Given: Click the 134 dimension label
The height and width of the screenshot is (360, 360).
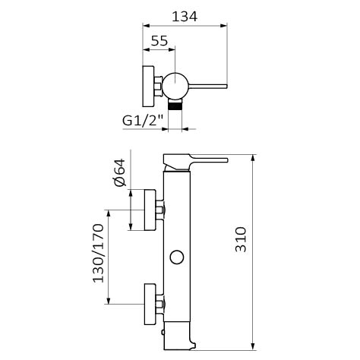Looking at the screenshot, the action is tap(185, 17).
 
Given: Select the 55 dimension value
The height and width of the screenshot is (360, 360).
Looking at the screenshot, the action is tap(159, 41).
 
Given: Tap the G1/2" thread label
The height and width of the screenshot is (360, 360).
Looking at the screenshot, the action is tap(143, 121).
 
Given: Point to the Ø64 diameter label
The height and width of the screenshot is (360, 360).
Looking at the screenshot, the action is tap(119, 172).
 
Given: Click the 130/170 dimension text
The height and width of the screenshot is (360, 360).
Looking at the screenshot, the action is tap(98, 253).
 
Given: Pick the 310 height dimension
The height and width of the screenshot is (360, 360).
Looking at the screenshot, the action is tap(241, 239).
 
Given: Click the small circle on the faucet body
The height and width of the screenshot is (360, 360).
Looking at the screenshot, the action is tap(176, 257).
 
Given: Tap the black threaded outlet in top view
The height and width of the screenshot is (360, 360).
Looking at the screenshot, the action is tap(175, 104).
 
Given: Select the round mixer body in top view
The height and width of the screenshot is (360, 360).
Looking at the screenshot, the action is tap(175, 86).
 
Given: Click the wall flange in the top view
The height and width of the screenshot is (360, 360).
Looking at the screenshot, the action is tap(148, 86).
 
